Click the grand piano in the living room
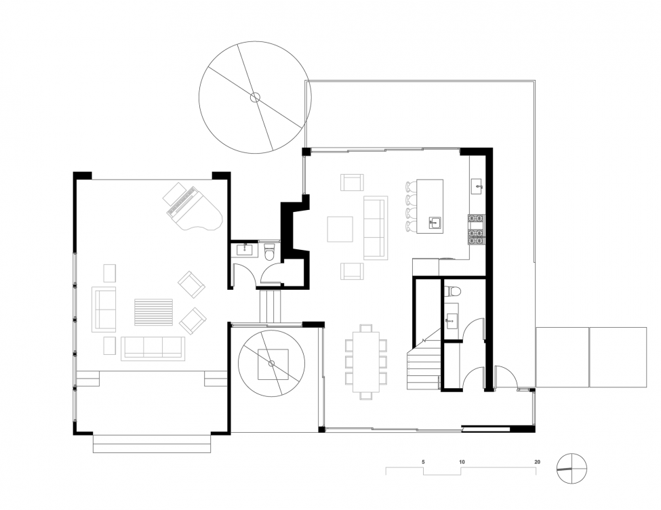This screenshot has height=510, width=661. tap(193, 207)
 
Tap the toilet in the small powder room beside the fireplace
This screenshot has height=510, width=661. tap(269, 251)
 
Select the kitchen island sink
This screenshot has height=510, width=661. tap(435, 223)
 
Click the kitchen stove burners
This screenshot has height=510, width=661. tap(477, 230)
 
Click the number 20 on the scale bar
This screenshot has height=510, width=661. tap(537, 461)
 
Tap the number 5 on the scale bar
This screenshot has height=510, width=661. tap(423, 461)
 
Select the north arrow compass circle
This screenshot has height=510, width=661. tap(572, 468)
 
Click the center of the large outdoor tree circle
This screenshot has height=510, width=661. tap(255, 98)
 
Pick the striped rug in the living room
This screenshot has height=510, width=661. tap(153, 312)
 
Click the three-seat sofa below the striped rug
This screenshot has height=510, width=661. tap(153, 348)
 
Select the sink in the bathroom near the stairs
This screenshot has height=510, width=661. tap(451, 321)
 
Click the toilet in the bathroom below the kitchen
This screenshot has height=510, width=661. tap(454, 291)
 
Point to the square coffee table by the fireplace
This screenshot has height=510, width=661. tap(340, 229)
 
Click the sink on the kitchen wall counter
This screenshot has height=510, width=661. tap(477, 186)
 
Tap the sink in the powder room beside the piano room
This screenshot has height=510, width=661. tap(245, 250)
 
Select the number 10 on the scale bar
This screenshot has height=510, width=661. tap(462, 461)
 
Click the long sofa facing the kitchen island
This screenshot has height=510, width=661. tap(374, 228)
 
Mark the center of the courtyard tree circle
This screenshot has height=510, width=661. tap(271, 363)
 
